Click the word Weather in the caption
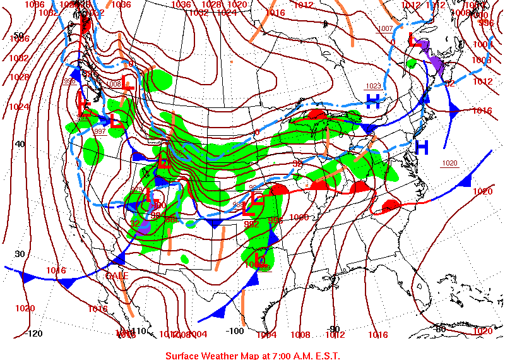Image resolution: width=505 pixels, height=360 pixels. (228, 355)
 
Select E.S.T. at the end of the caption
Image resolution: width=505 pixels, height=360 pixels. (325, 355)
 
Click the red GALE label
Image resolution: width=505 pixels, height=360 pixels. (117, 276)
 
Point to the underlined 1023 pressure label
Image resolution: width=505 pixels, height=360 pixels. (374, 86)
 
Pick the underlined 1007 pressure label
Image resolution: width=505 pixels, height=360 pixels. (384, 29)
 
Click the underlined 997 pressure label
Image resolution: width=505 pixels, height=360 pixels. (99, 131)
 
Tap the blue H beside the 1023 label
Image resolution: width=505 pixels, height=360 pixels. (374, 100)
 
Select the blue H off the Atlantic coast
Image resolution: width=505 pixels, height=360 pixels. (422, 148)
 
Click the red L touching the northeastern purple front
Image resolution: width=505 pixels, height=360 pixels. (414, 39)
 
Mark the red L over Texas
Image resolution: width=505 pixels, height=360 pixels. (259, 258)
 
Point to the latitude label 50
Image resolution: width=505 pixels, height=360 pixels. (18, 35)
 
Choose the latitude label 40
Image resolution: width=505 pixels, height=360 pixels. (20, 144)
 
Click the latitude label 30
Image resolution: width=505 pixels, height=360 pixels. (20, 254)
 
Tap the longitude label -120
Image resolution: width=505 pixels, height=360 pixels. (33, 333)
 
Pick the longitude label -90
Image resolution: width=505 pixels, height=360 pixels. (335, 328)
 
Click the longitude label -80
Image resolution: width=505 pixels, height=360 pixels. (440, 328)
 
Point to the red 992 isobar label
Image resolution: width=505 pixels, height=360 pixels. (251, 224)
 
